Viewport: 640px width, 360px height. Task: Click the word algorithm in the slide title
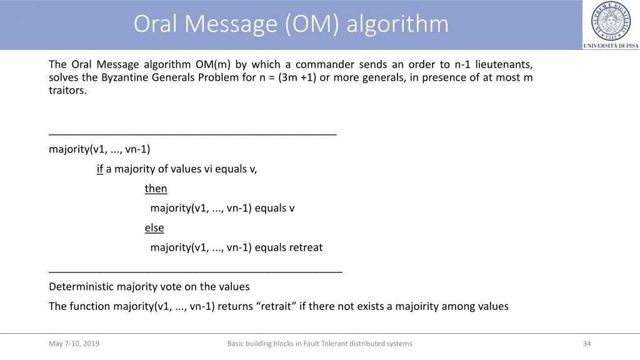397,24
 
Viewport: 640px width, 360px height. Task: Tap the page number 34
586,344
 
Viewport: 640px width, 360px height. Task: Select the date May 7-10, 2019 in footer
74,344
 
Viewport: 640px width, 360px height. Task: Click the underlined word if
100,169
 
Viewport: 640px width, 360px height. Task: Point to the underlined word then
156,189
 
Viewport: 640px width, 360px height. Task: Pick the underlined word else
154,228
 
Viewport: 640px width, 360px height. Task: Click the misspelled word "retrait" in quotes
276,306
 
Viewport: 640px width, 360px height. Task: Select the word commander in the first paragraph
325,64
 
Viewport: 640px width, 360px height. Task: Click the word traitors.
67,91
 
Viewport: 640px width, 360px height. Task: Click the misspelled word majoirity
417,306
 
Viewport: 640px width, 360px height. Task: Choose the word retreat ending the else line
306,247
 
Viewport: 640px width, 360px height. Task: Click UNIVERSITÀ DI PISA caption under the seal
611,46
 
